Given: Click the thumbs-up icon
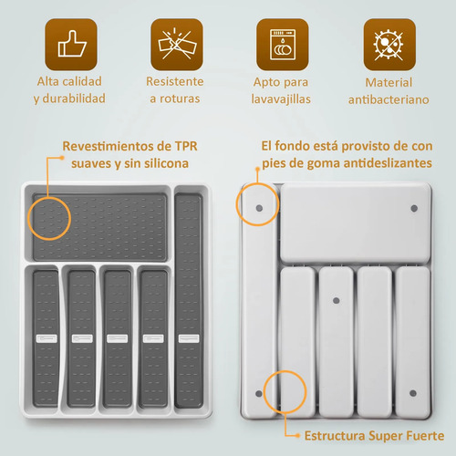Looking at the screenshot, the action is [71, 45].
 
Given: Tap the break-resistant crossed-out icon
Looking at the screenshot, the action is [177, 45].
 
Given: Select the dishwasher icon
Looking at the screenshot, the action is [283, 45].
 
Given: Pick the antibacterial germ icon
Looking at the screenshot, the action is [389, 45].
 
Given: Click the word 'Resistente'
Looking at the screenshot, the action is [175, 81].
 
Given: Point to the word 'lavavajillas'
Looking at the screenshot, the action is [281, 99].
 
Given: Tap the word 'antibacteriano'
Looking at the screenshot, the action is [389, 99].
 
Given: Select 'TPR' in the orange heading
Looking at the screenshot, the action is [186, 146].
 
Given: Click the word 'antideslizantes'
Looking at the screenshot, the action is [388, 163].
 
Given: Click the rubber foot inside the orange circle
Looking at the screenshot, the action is [259, 208].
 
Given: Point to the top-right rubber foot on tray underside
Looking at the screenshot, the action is [414, 208].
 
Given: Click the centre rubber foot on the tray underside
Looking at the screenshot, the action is [336, 301].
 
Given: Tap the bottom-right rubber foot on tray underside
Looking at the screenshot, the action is [413, 393].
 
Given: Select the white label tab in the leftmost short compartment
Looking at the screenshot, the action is [47, 338].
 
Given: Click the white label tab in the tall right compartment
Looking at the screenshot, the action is [189, 338].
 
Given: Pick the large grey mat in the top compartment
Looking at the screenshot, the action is [100, 227].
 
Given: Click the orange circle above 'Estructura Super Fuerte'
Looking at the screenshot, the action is [264, 391].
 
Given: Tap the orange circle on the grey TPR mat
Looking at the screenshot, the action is [29, 218].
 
